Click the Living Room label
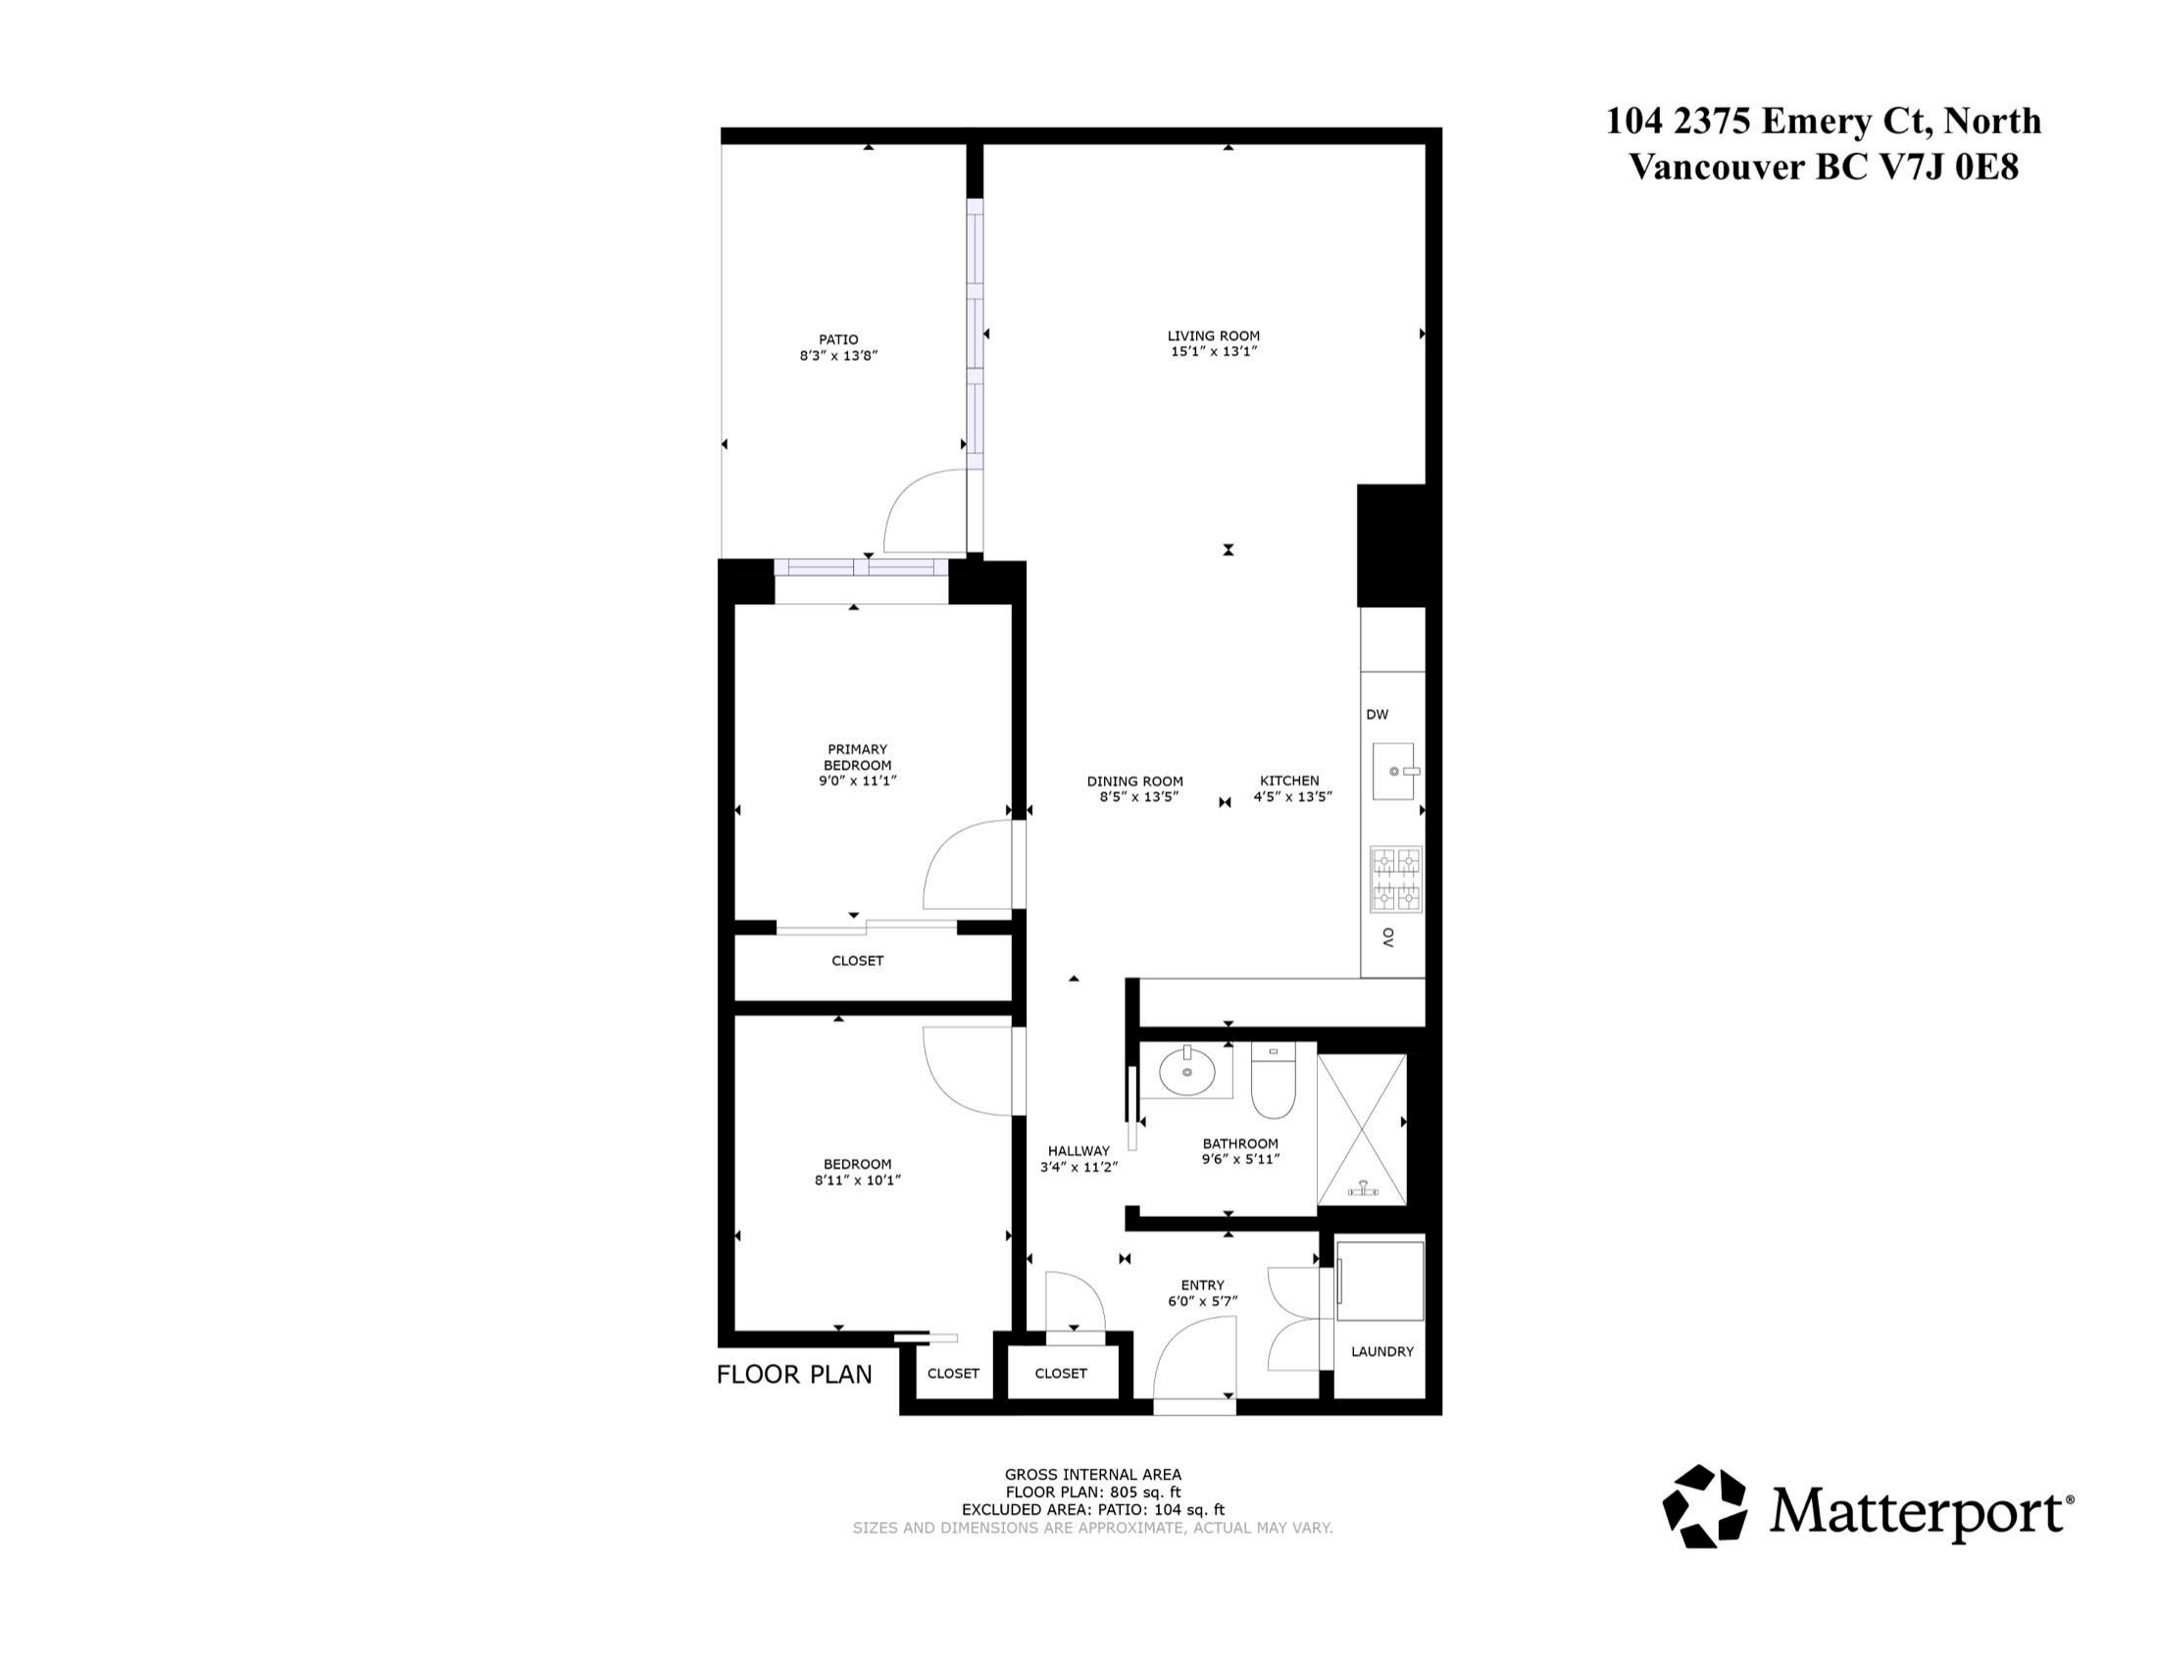coord(1213,335)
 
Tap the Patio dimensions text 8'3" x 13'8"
coord(838,356)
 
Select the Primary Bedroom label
coord(857,757)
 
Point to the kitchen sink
coord(1395,772)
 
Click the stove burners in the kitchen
coord(1395,878)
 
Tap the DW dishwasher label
coord(1377,714)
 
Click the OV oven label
coord(1387,937)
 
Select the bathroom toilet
coord(1273,1081)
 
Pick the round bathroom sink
coord(1186,1071)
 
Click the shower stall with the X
coord(1362,1130)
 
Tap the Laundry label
coord(1381,1351)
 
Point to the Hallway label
coord(1078,1150)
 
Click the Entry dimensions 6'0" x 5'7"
coord(1202,1301)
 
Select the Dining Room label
coord(1134,782)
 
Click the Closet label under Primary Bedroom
coord(857,961)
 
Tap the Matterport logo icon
coord(1705,1506)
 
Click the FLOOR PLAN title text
coord(794,1375)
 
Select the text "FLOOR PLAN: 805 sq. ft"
coord(1092,1492)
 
